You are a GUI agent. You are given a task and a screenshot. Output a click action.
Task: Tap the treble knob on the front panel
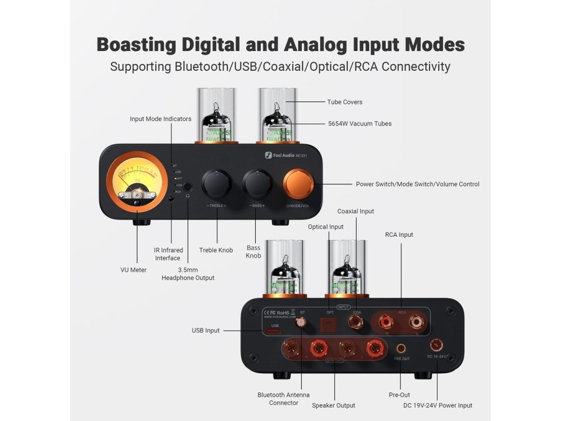pos(216,185)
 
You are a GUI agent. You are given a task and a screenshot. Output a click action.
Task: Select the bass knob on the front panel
pos(257,185)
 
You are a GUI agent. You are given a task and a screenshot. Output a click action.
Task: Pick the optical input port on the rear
pos(330,325)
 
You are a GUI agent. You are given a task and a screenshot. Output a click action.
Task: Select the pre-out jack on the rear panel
pos(402,348)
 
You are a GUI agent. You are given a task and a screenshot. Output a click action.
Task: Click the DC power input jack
pos(437,345)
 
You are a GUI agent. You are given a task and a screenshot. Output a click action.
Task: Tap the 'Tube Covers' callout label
pos(345,102)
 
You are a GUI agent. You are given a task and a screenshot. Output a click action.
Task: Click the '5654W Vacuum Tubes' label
pos(359,124)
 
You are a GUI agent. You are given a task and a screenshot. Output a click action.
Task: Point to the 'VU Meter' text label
pos(134,270)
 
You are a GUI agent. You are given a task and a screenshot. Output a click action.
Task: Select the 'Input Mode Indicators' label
pos(161,119)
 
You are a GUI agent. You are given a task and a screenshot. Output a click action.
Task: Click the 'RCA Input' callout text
pos(399,235)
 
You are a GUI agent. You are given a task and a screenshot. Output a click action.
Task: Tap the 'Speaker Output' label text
pos(333,406)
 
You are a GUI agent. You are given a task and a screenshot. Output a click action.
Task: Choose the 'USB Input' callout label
pos(205,331)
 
